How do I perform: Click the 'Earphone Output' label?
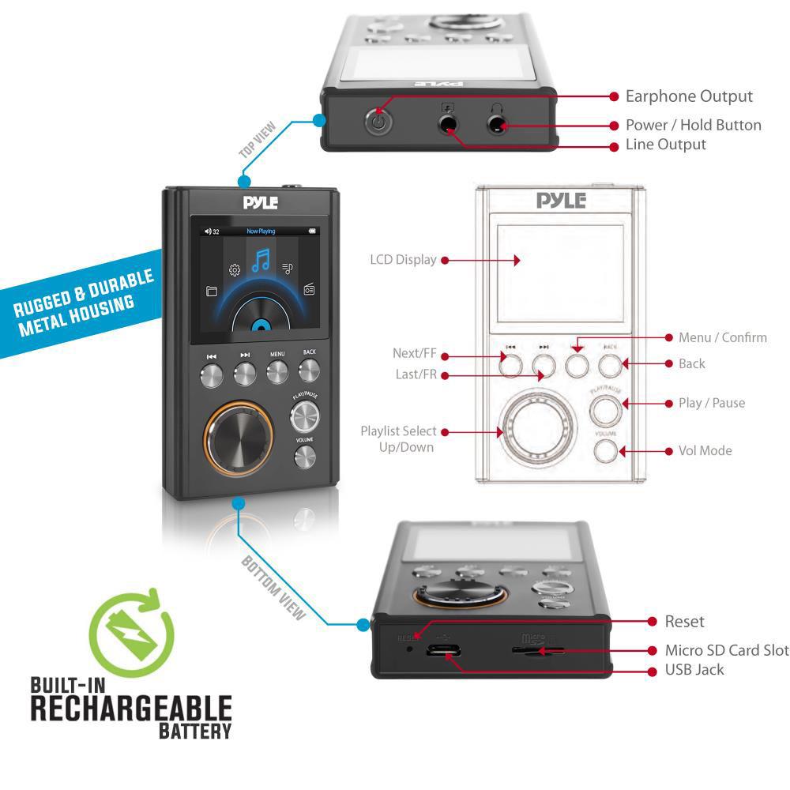click(x=689, y=96)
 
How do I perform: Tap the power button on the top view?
click(x=378, y=123)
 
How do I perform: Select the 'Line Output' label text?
click(x=665, y=145)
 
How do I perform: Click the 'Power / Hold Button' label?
click(x=693, y=125)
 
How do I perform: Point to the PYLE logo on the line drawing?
click(x=561, y=200)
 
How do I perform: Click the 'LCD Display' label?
click(x=403, y=259)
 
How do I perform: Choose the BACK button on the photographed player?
click(x=309, y=370)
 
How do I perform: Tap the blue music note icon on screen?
click(x=261, y=259)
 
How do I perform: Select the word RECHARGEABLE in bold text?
click(x=131, y=708)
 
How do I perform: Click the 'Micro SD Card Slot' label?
click(x=727, y=650)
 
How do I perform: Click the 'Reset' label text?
click(x=684, y=622)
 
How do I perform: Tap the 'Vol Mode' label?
click(x=705, y=450)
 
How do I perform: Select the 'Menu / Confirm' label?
click(x=722, y=337)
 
